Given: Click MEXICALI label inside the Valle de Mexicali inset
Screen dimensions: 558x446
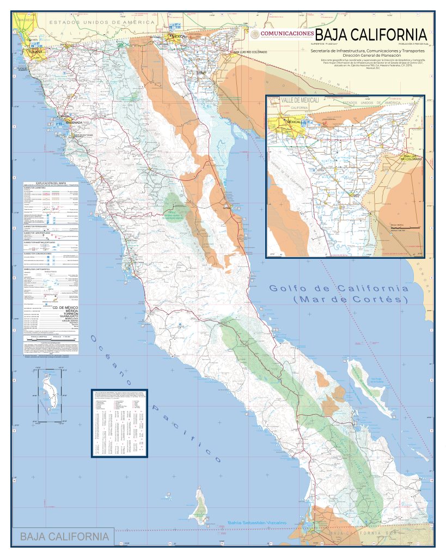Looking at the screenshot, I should pyautogui.click(x=294, y=122).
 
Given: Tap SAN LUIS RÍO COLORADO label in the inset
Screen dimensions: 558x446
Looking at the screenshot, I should pyautogui.click(x=412, y=159).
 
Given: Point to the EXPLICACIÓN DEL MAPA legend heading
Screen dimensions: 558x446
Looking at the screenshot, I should pyautogui.click(x=51, y=183).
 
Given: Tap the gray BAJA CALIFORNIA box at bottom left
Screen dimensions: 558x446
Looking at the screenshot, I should pyautogui.click(x=64, y=537).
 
